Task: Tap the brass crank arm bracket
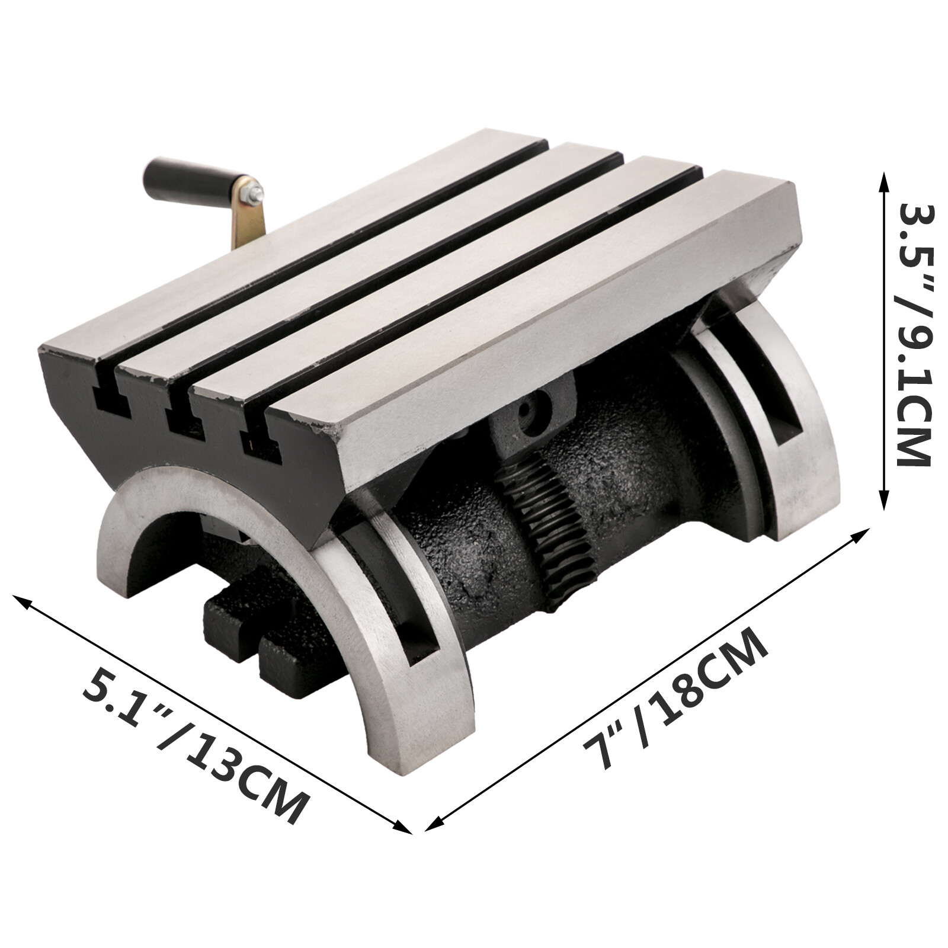[x=249, y=220]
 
